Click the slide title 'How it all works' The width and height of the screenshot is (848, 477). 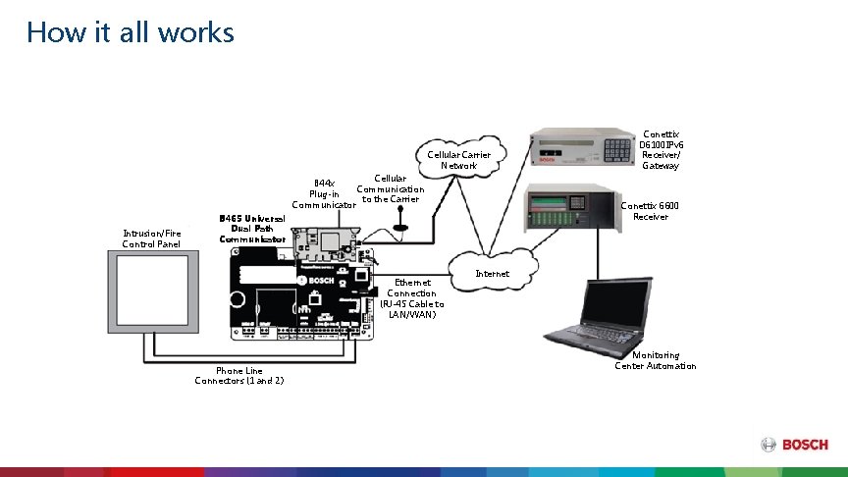[x=131, y=32]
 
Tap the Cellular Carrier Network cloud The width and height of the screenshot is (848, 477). [x=458, y=161]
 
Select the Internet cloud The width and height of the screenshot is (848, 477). [x=492, y=267]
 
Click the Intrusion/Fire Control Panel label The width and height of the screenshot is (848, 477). [x=151, y=238]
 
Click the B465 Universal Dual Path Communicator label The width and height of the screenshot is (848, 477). [x=252, y=229]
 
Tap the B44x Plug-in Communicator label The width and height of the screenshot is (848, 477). [x=323, y=193]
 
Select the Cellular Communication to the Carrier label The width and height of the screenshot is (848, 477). [x=391, y=188]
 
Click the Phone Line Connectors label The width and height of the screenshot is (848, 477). [x=239, y=375]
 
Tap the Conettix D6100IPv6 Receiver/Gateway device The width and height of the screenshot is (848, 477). [x=579, y=148]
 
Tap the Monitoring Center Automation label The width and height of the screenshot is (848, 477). [x=656, y=360]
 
